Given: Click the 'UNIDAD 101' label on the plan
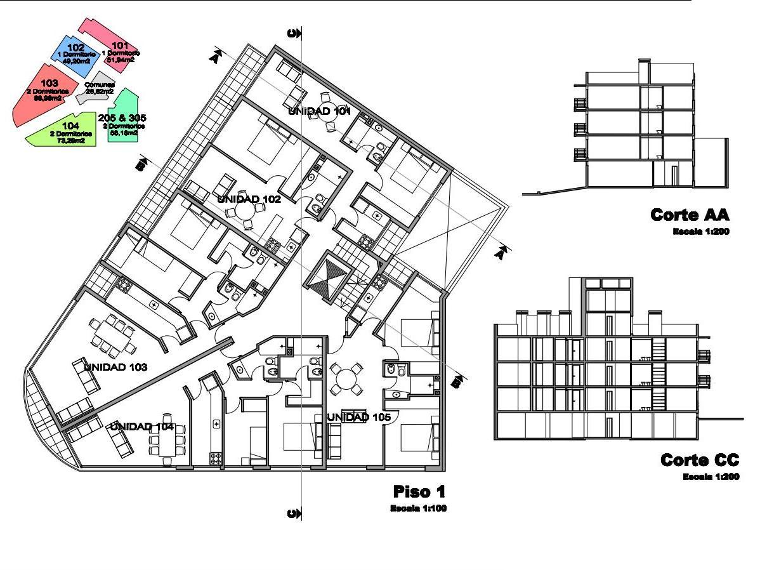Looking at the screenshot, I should tap(319, 111).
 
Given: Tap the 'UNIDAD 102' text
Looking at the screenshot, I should tap(249, 199).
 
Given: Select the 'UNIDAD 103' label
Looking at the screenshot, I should tap(115, 367).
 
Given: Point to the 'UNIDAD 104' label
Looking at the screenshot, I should tap(142, 426).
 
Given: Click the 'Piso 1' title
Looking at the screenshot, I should tap(419, 491).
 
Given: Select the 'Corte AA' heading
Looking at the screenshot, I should tap(690, 215).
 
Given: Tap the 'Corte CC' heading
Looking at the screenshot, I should tap(700, 460).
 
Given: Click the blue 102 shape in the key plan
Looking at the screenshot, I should tap(73, 54).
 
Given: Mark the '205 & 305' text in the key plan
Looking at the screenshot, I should tap(122, 117).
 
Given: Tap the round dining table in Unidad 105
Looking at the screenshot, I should tap(346, 379).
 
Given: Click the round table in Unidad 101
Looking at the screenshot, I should tap(327, 110).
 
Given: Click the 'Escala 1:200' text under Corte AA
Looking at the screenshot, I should tap(700, 232).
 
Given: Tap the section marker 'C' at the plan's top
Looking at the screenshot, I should tap(294, 34).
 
